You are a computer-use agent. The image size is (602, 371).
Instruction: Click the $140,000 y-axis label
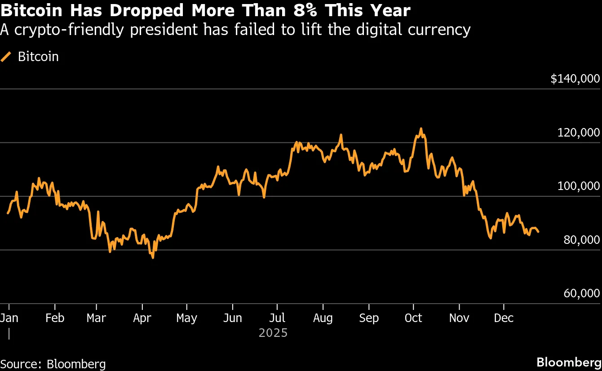click(575, 79)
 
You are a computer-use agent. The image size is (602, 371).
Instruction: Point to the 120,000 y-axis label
click(578, 132)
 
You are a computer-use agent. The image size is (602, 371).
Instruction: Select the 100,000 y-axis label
click(578, 186)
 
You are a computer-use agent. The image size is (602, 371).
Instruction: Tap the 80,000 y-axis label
click(581, 240)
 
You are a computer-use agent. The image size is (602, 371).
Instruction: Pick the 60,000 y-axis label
click(581, 293)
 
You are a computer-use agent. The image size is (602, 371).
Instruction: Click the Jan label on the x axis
click(9, 318)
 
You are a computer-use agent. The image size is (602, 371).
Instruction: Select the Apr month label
click(142, 318)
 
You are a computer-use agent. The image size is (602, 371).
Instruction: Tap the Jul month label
click(277, 318)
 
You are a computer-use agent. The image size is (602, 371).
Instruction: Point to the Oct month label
click(413, 318)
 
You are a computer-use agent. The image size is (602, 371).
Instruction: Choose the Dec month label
click(504, 318)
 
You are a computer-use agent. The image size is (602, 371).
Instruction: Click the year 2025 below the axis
click(273, 333)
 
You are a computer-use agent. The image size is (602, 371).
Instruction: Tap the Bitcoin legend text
click(38, 57)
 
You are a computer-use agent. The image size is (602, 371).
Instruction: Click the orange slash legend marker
click(6, 57)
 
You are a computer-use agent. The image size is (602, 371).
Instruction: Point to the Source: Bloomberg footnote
click(53, 364)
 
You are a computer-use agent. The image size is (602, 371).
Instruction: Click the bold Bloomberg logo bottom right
click(569, 362)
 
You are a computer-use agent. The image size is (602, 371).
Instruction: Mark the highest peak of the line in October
click(421, 128)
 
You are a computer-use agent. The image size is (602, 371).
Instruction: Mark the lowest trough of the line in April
click(153, 258)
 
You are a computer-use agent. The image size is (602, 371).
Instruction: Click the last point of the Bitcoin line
click(538, 232)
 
